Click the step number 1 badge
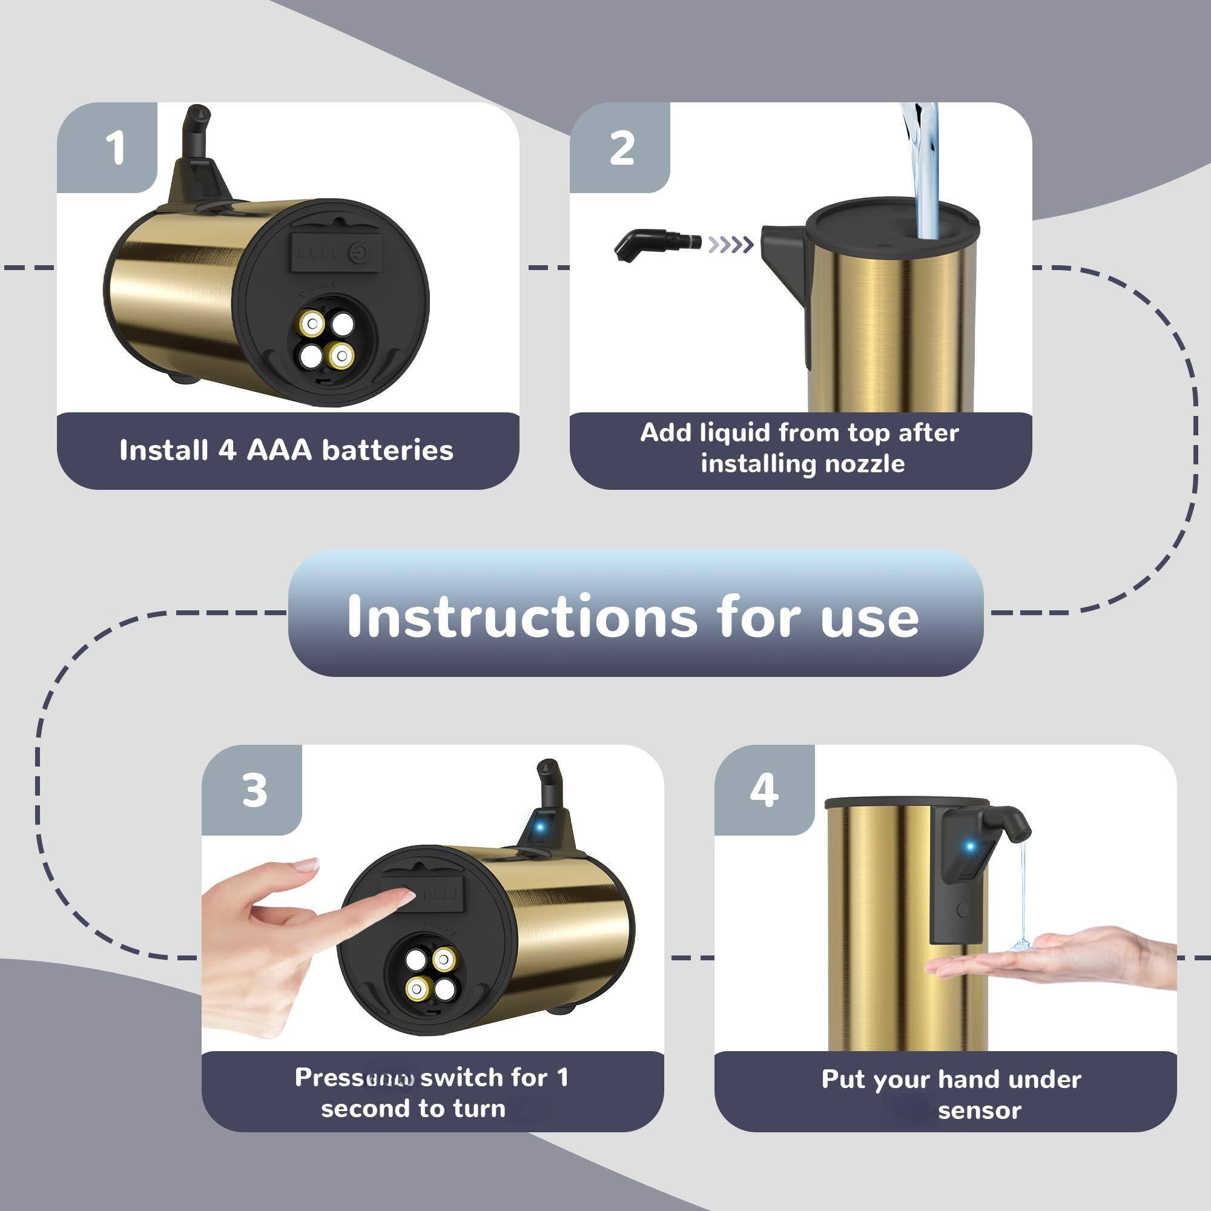pos(114,149)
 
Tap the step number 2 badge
pos(621,149)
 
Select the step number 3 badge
pos(254,790)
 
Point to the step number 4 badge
pos(764,790)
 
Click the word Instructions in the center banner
pos(521,617)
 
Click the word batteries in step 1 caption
pos(387,450)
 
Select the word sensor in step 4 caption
pos(979,1110)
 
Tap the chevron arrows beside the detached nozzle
pos(730,245)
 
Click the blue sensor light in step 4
pos(969,847)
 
